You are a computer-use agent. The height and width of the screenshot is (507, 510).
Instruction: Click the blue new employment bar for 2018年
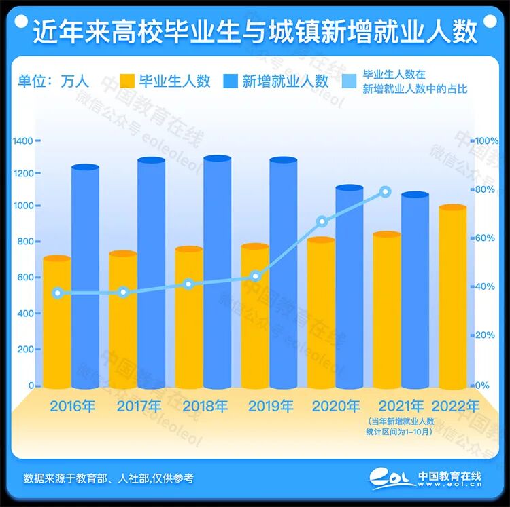point(217,271)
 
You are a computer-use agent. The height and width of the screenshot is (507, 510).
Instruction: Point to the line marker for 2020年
point(322,221)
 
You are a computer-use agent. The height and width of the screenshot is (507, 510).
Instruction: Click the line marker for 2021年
point(386,192)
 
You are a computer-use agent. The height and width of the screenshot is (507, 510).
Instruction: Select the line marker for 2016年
point(58,293)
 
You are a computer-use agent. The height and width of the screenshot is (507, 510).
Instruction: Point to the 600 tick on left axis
point(24,277)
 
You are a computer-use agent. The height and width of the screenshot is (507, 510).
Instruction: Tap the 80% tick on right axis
point(486,189)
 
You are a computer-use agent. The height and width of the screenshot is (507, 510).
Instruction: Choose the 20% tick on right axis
point(486,335)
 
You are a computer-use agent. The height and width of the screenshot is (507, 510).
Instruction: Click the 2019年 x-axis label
point(271,407)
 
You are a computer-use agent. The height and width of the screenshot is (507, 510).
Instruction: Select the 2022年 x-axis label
point(456,406)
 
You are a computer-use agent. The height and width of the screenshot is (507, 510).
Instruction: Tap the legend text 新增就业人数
point(285,81)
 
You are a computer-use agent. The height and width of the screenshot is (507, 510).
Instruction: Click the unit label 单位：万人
point(53,81)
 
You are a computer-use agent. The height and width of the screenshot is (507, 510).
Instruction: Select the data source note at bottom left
point(108,478)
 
